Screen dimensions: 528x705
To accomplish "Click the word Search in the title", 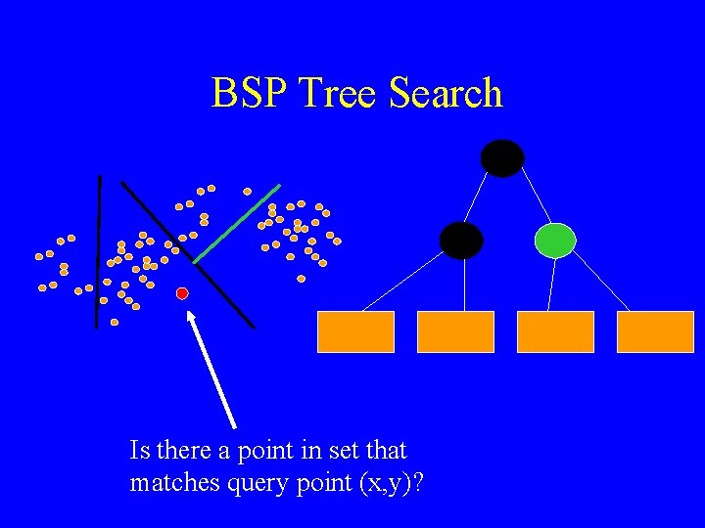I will pos(446,94).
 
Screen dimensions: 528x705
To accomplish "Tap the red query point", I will pos(182,293).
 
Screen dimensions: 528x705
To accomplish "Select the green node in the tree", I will pos(555,240).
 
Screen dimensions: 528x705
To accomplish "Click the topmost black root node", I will pos(502,158).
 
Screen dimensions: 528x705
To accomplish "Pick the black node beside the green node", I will pos(461,240).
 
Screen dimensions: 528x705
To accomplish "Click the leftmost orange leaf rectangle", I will pos(355,331).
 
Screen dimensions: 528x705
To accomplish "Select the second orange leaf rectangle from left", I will pos(455,331).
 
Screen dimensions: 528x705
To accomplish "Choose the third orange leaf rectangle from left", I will pos(555,331).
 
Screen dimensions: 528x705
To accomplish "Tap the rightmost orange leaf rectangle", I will pos(655,331).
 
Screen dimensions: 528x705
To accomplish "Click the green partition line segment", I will pos(237,223).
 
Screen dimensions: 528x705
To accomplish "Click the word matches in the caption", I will pos(165,483).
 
